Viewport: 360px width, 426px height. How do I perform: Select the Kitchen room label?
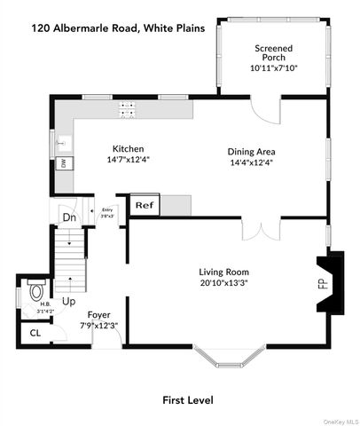(x=127, y=149)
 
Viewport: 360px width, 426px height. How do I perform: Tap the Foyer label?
(x=98, y=315)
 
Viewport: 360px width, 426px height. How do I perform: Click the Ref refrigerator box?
(x=144, y=205)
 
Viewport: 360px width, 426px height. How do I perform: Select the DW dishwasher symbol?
(x=63, y=162)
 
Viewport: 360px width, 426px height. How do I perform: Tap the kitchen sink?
(x=62, y=141)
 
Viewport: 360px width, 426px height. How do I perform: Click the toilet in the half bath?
(x=35, y=290)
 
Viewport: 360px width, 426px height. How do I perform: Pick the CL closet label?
(x=35, y=334)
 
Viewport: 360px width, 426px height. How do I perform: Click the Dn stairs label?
(x=68, y=216)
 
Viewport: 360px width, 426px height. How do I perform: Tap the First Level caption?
(x=187, y=399)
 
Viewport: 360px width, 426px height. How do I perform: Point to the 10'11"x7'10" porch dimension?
(x=273, y=66)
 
